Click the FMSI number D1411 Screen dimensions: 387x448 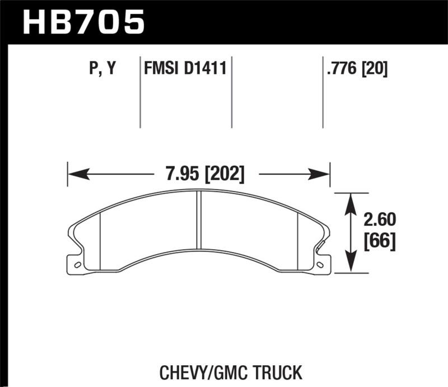[x=204, y=69]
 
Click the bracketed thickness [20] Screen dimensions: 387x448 [x=375, y=69]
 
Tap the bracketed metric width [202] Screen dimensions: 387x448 [x=225, y=174]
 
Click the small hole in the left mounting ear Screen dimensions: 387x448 [x=77, y=264]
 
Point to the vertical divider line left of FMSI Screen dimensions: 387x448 [x=139, y=92]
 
